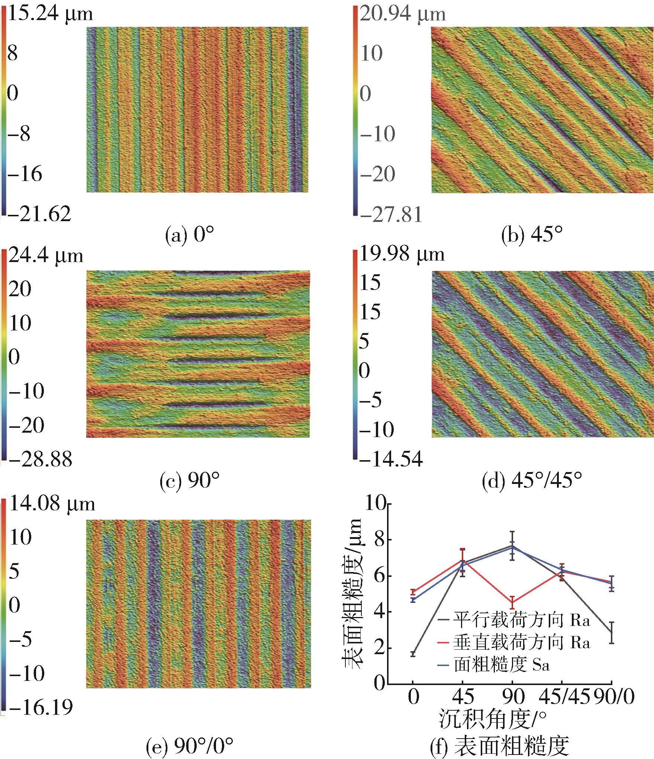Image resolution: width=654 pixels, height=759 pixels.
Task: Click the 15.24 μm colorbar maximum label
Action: click(x=50, y=14)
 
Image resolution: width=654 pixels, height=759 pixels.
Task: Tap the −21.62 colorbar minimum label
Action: click(x=39, y=214)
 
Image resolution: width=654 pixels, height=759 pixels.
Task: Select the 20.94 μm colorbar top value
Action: click(x=402, y=14)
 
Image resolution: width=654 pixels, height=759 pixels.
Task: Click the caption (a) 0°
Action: click(x=190, y=236)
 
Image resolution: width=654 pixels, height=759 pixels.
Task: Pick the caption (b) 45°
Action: click(x=532, y=236)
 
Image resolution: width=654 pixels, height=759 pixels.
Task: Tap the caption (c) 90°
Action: click(x=190, y=481)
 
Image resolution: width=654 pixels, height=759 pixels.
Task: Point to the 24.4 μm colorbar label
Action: click(x=45, y=256)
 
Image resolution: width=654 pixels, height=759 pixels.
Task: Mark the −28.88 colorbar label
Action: click(x=39, y=459)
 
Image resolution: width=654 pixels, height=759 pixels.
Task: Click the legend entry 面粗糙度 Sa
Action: click(x=501, y=664)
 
